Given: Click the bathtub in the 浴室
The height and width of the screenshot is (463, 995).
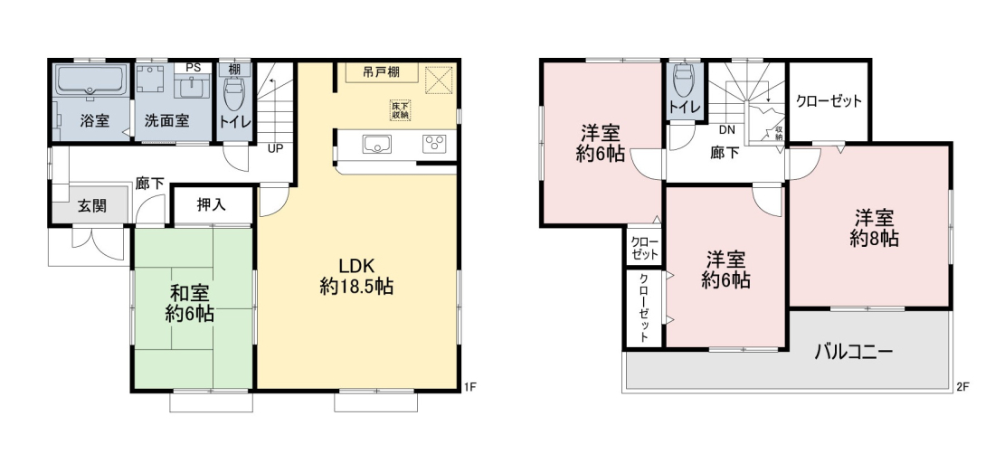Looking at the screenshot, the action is [x=92, y=80].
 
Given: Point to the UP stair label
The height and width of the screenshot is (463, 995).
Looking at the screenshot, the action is [x=276, y=150].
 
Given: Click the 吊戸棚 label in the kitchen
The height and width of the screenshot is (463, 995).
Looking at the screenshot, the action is [x=382, y=71].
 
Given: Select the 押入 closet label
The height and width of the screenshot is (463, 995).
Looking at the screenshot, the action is [x=212, y=204].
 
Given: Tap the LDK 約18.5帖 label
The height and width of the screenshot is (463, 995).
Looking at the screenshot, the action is [x=357, y=276].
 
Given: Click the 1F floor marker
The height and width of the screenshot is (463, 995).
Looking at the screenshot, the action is [x=469, y=386].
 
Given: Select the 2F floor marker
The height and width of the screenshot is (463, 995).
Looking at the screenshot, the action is [x=962, y=386].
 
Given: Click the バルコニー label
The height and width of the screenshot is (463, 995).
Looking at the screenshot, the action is [x=854, y=351].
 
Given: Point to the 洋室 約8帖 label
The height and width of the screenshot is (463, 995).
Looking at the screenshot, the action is [x=875, y=227].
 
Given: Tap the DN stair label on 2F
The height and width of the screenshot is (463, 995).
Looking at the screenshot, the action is [x=727, y=131].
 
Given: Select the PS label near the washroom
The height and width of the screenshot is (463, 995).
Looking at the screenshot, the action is [x=192, y=67].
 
